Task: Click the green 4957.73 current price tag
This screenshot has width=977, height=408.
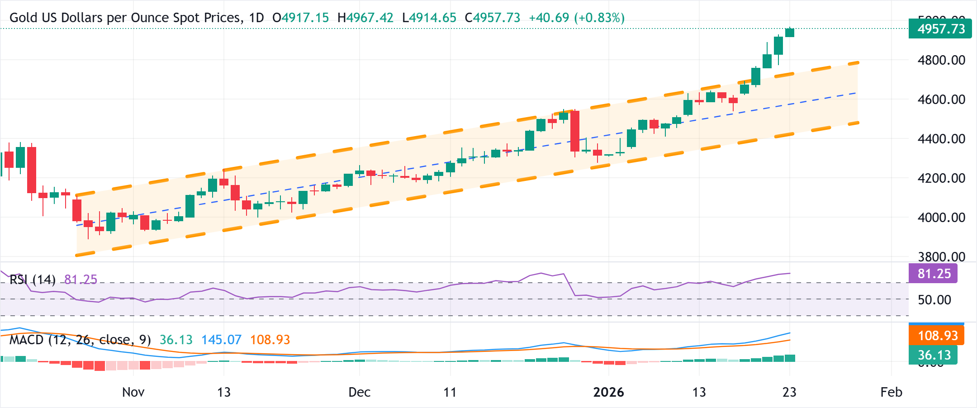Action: point(940,29)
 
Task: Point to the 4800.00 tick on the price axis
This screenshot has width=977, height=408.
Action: point(941,60)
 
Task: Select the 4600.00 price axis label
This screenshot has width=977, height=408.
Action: point(941,100)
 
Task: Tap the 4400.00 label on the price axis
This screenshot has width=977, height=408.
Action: point(941,139)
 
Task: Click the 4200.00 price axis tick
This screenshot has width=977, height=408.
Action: point(941,178)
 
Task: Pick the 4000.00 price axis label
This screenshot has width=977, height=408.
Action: point(941,218)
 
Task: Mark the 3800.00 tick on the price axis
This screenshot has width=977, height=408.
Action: point(941,256)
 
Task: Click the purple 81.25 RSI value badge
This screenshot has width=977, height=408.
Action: point(933,274)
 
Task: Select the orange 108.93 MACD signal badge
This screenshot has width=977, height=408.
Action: point(937,336)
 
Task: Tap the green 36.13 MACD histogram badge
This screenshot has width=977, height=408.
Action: point(933,355)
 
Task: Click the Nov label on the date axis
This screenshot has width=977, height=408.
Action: point(133,392)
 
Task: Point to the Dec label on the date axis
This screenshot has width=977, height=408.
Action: point(359,392)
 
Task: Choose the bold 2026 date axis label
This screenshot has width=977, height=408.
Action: point(608,392)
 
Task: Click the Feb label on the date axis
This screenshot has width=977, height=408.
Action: point(891,392)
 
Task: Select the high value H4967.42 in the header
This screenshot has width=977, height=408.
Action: point(365,18)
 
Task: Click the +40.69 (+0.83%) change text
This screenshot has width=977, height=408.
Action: point(576,18)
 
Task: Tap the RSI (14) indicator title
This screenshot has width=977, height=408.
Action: point(33,280)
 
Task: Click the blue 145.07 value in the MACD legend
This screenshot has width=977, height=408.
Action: point(221,340)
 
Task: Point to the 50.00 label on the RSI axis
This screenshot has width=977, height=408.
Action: point(934,299)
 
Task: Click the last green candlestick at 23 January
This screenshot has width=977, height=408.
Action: point(790,33)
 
